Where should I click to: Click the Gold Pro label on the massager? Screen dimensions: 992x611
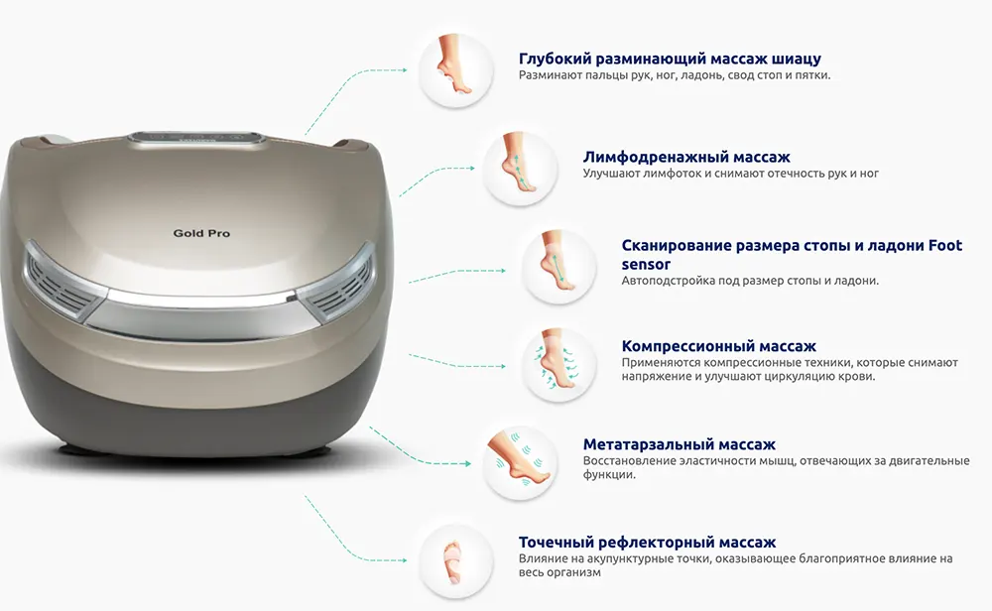click(x=201, y=233)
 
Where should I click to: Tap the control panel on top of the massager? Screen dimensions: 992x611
click(x=195, y=138)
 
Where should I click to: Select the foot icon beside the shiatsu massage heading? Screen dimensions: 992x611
click(x=455, y=70)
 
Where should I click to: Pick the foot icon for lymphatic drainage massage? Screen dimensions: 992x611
click(x=520, y=169)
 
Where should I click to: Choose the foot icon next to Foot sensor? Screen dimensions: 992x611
click(x=558, y=267)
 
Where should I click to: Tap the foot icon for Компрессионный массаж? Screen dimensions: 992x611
click(x=558, y=365)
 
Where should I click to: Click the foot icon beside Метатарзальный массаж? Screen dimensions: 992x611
click(x=520, y=463)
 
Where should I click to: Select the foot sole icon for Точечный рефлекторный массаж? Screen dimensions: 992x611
click(x=455, y=561)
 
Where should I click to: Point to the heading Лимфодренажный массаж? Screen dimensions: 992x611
click(x=686, y=157)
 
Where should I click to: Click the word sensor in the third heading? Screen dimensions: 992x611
click(x=646, y=265)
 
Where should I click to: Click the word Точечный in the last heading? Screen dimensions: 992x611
click(x=556, y=543)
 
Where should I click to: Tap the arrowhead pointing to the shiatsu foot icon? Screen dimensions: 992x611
click(x=404, y=70)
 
